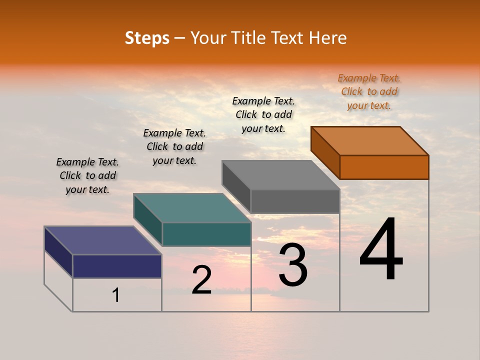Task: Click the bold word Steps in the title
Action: (x=147, y=38)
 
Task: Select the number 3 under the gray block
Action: (x=293, y=265)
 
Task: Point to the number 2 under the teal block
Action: (x=201, y=280)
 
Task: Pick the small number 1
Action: (x=116, y=295)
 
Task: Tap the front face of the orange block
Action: (x=384, y=167)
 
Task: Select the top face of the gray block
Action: (x=281, y=175)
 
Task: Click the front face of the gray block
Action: (x=295, y=201)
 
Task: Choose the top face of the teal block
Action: (x=192, y=208)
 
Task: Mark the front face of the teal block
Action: (x=206, y=234)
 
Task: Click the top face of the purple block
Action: (x=103, y=240)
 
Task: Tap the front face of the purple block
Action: (x=117, y=266)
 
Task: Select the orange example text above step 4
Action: (x=369, y=91)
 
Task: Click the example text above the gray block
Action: (x=263, y=114)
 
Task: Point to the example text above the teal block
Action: (x=174, y=146)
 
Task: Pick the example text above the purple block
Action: (x=87, y=175)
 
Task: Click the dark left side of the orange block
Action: (x=325, y=152)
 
